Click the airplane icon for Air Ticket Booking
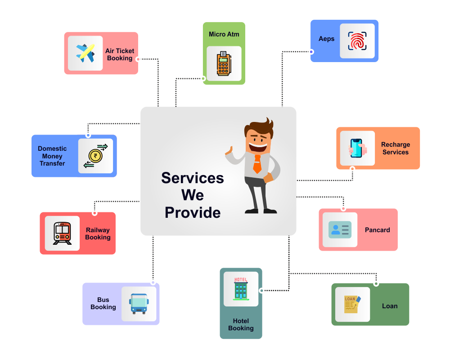coord(85,53)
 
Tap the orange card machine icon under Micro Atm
coord(224,63)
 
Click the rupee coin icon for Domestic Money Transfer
coord(95,156)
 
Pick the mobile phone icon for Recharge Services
coord(357,148)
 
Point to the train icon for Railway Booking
coord(62,233)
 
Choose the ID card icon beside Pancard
coord(339,229)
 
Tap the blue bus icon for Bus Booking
coord(139,303)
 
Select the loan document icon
coord(352,304)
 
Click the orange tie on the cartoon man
coord(257,164)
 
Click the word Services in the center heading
coord(193,178)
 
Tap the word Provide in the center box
coord(193,212)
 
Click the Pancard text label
coord(377,230)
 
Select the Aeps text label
coord(326,39)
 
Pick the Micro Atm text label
coord(224,34)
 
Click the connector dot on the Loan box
coord(376,283)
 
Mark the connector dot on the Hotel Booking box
coord(261,290)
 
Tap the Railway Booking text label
coord(98,234)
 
